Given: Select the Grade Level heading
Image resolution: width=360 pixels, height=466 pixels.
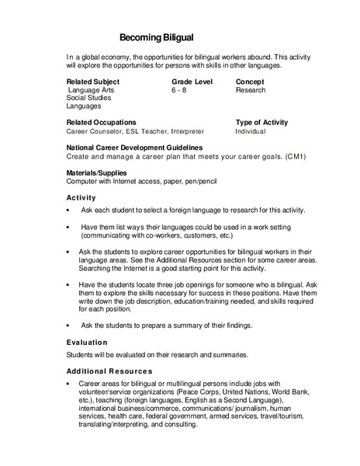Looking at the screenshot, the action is tap(192, 81).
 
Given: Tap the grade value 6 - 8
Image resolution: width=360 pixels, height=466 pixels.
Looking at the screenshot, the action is tap(179, 90).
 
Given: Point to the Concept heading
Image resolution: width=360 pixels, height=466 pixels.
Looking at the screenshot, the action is tap(250, 81).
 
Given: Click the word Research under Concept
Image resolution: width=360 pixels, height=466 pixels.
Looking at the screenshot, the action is tap(251, 90).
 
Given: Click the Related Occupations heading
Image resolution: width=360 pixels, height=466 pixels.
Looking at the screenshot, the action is tap(102, 123).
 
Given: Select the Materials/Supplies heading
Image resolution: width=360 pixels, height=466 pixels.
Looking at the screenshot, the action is tap(97, 172).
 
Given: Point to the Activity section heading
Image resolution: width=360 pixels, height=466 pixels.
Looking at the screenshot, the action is tap(81, 197).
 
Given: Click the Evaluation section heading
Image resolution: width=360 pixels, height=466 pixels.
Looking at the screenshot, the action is tap(87, 342).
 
